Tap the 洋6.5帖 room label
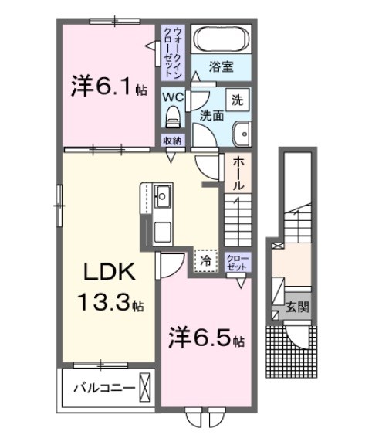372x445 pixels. point(206,338)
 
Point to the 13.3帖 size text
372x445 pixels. point(107,304)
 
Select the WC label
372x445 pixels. point(173,98)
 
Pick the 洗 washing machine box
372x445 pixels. point(237,100)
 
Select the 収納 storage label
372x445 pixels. point(172,141)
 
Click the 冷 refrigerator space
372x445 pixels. point(205,261)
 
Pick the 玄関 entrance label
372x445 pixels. point(299,307)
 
